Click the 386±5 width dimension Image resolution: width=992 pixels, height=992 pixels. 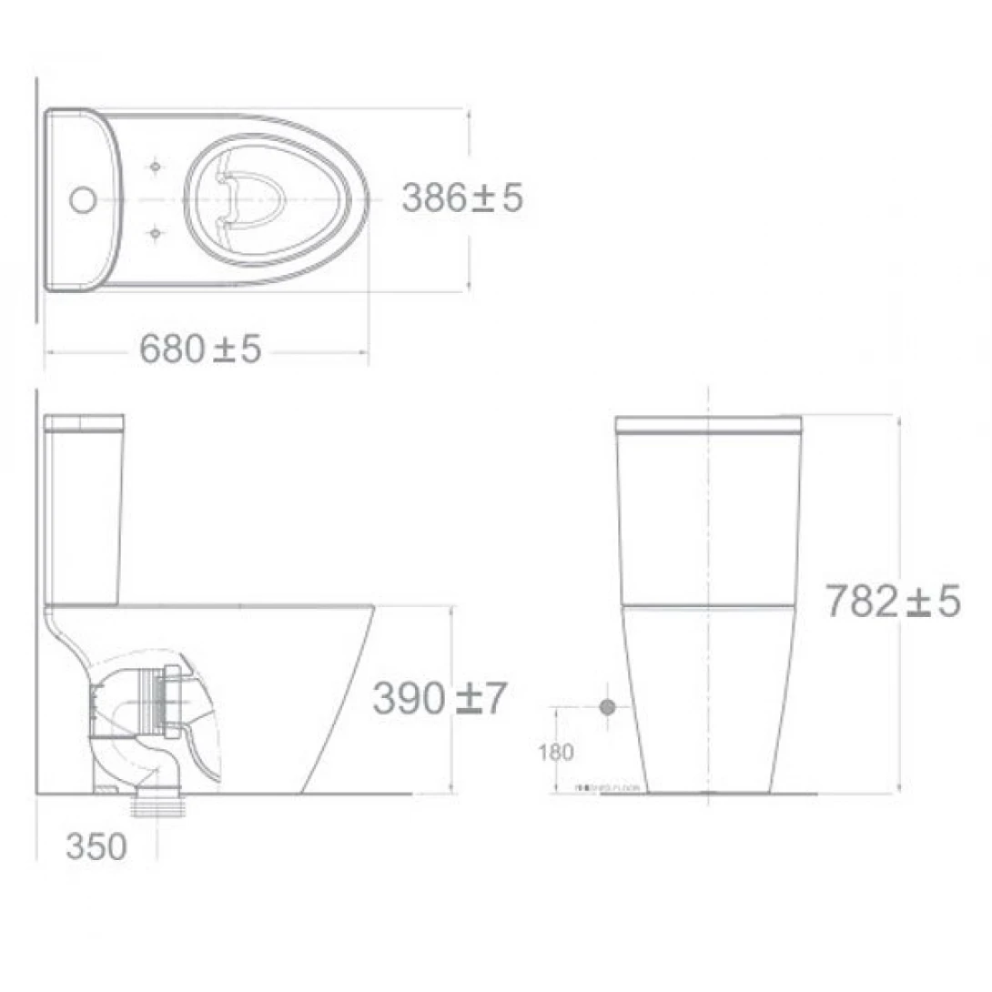click(x=462, y=197)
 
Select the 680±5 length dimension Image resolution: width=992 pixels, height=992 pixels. click(x=200, y=349)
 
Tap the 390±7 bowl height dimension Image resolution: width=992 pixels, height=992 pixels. click(x=438, y=699)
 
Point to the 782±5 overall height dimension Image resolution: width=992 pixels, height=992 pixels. click(x=892, y=602)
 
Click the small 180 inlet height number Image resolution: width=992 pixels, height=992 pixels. click(x=555, y=753)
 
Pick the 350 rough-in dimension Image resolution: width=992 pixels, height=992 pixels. click(x=96, y=847)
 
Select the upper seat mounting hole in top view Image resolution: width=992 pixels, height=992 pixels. click(x=155, y=166)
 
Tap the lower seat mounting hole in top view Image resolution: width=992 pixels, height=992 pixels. click(x=155, y=233)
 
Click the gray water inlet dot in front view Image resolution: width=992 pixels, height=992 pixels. click(x=608, y=707)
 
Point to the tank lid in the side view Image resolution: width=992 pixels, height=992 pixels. click(x=84, y=423)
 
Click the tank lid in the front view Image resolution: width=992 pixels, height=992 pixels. click(x=708, y=424)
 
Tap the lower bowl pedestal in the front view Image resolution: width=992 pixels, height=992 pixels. click(x=708, y=701)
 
